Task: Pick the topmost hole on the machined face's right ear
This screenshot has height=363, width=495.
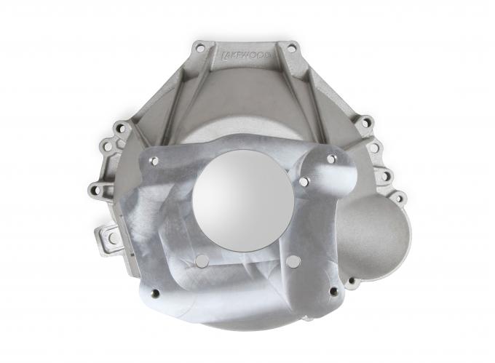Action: (330, 159)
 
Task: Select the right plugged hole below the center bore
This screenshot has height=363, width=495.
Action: (293, 260)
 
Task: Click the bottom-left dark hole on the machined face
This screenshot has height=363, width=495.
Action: (154, 295)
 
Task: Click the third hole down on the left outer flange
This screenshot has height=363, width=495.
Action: (92, 191)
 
